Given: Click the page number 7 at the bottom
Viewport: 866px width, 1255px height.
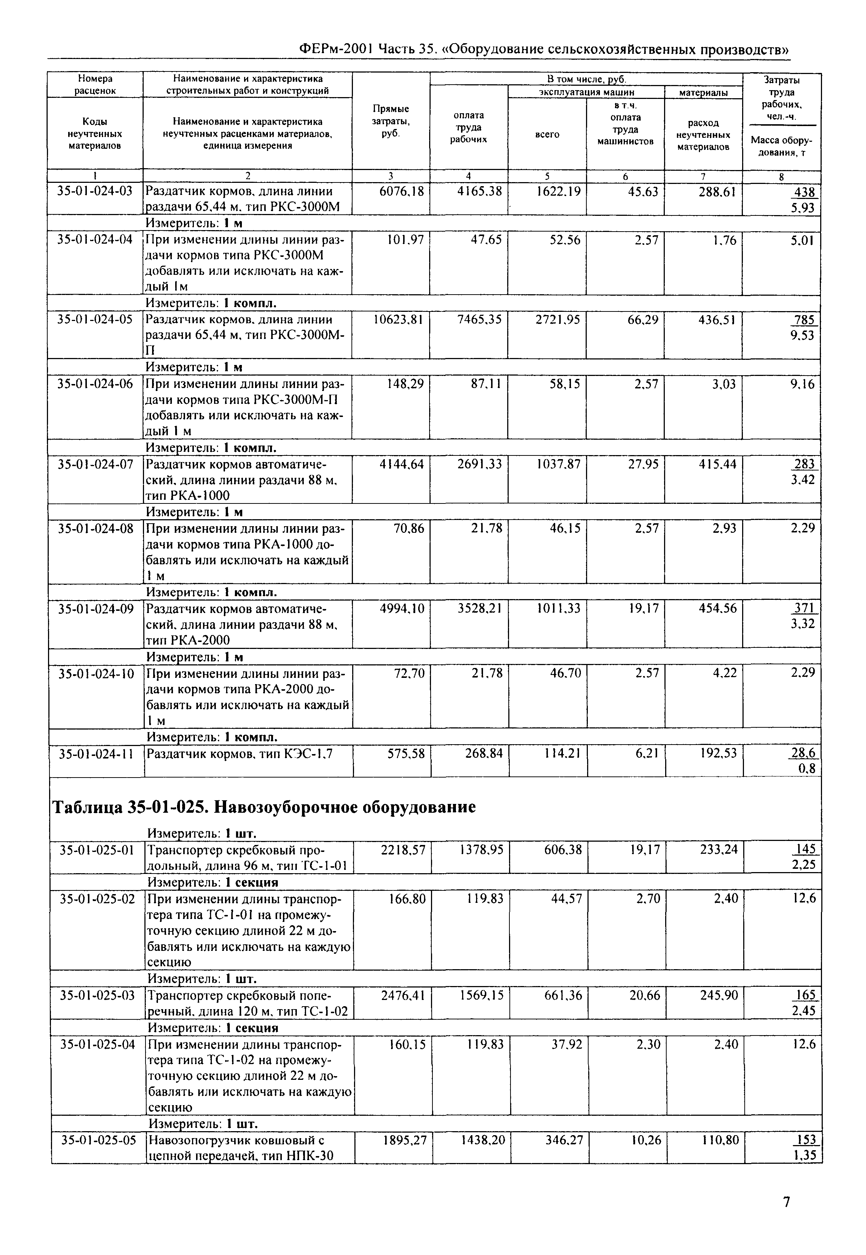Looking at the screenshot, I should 786,1202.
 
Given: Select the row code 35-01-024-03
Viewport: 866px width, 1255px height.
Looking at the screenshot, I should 95,191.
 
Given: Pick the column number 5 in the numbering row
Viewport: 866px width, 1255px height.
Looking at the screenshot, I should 547,176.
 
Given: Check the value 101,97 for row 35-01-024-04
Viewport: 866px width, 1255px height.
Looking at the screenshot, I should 405,239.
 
